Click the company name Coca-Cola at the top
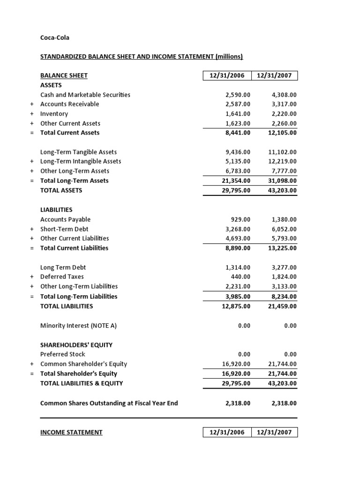click(55, 37)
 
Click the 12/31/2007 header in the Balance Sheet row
click(275, 75)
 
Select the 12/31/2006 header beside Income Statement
click(227, 432)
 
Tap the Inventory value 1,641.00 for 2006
click(238, 114)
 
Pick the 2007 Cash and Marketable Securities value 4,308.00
click(284, 95)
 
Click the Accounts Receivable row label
click(69, 104)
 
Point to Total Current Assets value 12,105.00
click(282, 133)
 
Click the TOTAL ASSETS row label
click(61, 190)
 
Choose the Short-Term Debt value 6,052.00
click(284, 229)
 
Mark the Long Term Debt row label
click(63, 267)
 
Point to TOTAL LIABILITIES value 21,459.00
click(282, 306)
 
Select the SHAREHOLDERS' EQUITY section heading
click(76, 345)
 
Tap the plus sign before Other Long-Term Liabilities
click(32, 286)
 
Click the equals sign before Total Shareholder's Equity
click(32, 374)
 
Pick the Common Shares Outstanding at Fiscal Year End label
click(109, 403)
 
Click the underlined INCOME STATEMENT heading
click(71, 432)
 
